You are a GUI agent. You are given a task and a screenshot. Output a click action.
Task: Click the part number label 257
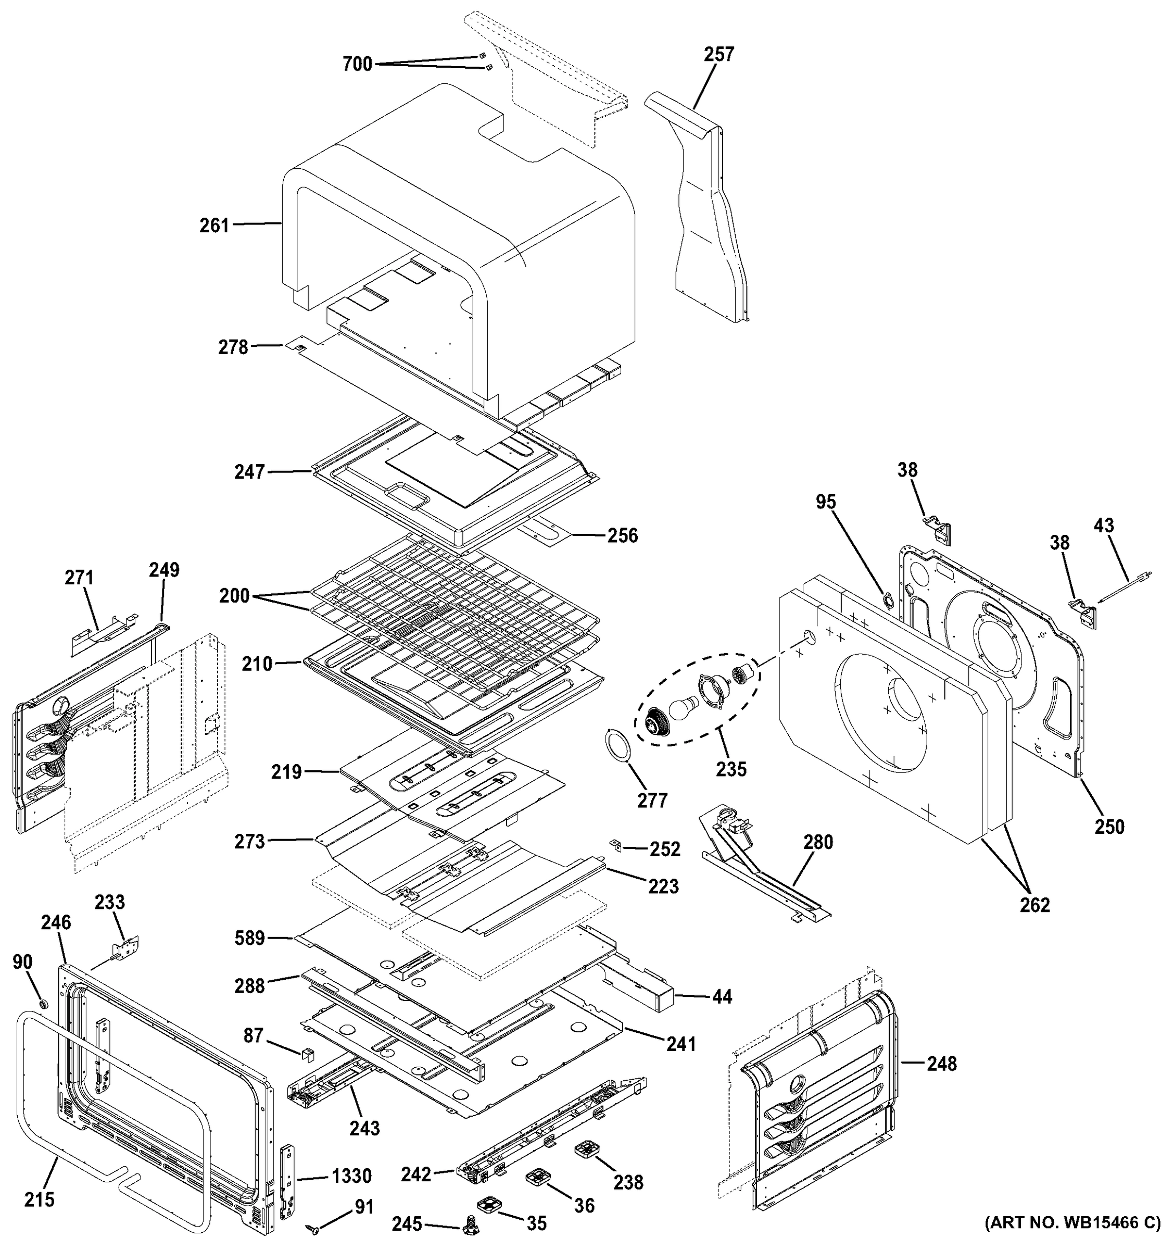pyautogui.click(x=719, y=55)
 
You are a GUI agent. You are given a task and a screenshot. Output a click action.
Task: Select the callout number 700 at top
pyautogui.click(x=358, y=64)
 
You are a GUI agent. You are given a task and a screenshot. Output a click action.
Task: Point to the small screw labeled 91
pyautogui.click(x=312, y=1228)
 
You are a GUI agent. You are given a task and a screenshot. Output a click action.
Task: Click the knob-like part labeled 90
pyautogui.click(x=42, y=1002)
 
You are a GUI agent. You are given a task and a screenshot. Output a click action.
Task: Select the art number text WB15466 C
pyautogui.click(x=1072, y=1241)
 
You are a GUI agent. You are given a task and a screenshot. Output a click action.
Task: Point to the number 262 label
pyautogui.click(x=1034, y=905)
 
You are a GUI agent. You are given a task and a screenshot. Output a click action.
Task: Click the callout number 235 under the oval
pyautogui.click(x=731, y=768)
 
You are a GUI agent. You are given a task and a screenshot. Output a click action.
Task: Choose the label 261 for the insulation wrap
pyautogui.click(x=214, y=226)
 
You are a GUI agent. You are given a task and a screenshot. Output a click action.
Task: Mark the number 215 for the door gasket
pyautogui.click(x=40, y=1199)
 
